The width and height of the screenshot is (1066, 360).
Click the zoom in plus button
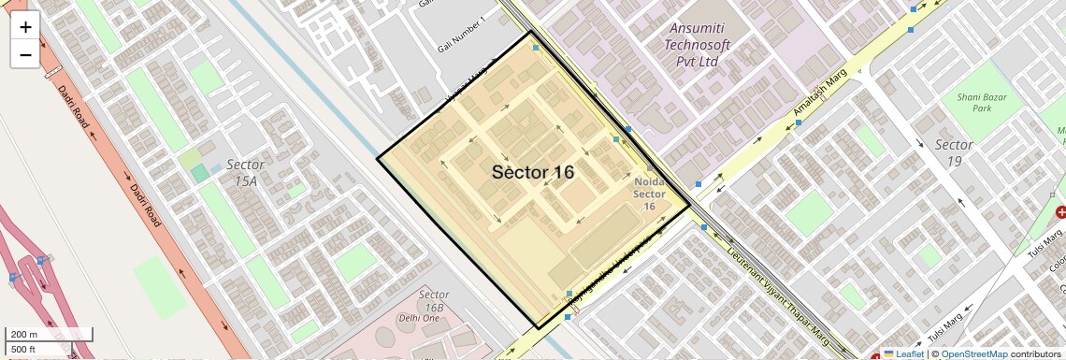(25, 26)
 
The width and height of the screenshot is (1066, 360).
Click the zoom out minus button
(25, 54)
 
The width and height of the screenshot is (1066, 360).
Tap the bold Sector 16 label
(533, 172)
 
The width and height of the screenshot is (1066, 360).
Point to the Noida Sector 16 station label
(650, 194)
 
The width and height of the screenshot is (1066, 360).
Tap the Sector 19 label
(954, 152)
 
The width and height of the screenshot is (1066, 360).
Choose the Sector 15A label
(245, 172)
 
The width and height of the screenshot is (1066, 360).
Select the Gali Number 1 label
(462, 36)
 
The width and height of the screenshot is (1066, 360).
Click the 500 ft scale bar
(37, 350)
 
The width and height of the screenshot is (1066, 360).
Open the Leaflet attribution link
(902, 353)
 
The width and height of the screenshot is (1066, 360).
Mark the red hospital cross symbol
(1060, 214)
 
